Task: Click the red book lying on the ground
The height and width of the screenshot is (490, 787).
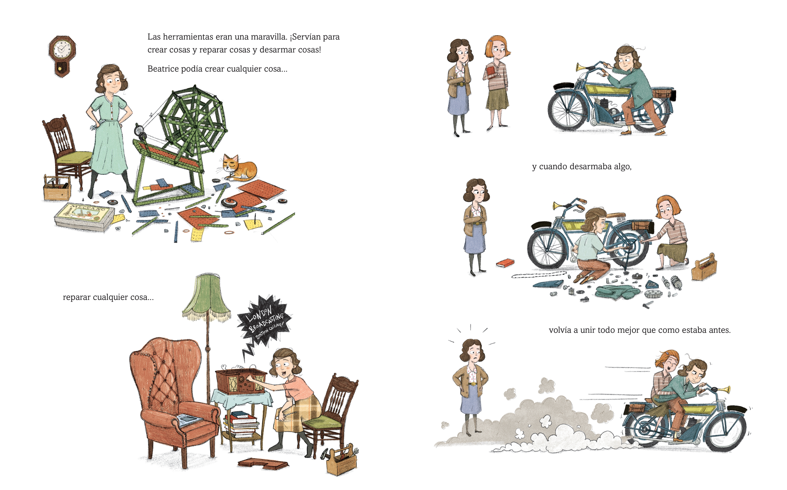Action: coord(505,263)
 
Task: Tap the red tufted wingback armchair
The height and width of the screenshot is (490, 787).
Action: coord(172,395)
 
